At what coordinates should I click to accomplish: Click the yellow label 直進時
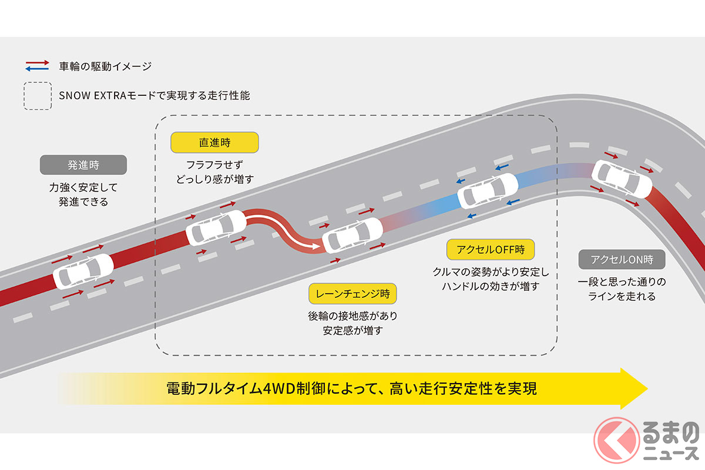pos(214,143)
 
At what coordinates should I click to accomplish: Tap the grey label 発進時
pos(83,164)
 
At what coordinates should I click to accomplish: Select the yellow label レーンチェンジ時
pos(352,294)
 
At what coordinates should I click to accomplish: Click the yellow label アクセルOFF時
pos(491,250)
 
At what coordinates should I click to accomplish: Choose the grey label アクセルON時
pos(622,260)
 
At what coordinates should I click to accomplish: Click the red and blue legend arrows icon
pos(37,66)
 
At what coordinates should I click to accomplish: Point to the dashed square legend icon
pos(38,96)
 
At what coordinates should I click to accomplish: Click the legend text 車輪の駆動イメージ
pos(105,66)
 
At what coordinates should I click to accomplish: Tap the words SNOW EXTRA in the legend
pos(92,95)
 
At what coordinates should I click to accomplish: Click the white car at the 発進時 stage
pos(83,271)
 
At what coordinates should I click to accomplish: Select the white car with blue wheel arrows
pos(488,191)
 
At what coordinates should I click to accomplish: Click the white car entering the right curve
pos(622,179)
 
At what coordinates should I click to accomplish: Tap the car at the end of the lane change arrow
pos(352,236)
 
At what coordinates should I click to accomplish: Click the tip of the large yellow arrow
pos(647,389)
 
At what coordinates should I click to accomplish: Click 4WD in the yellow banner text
pos(279,389)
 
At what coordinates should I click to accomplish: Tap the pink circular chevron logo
pos(616,440)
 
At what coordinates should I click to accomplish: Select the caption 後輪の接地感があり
pos(352,315)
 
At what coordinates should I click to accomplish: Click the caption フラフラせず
pos(214,164)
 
